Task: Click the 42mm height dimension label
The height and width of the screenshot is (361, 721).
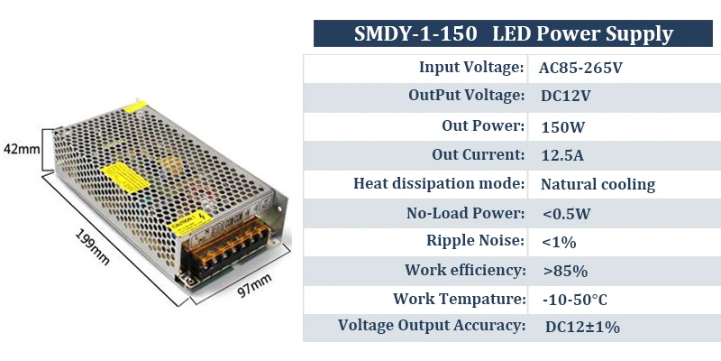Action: (21, 148)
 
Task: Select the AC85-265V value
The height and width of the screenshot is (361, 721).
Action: (580, 68)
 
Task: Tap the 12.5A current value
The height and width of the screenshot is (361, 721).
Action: (562, 155)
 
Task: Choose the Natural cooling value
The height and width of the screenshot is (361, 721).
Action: (598, 184)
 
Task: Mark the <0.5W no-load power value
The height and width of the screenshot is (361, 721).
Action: (566, 214)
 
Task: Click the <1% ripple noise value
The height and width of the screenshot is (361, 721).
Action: (559, 242)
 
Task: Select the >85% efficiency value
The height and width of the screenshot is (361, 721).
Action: (565, 271)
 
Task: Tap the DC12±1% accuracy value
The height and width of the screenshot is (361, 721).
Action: (582, 328)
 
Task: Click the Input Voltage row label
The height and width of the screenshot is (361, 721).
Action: (471, 67)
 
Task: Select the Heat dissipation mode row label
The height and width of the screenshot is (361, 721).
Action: (439, 184)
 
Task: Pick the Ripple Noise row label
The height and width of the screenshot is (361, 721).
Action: (475, 241)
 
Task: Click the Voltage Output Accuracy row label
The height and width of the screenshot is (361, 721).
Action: (431, 326)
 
